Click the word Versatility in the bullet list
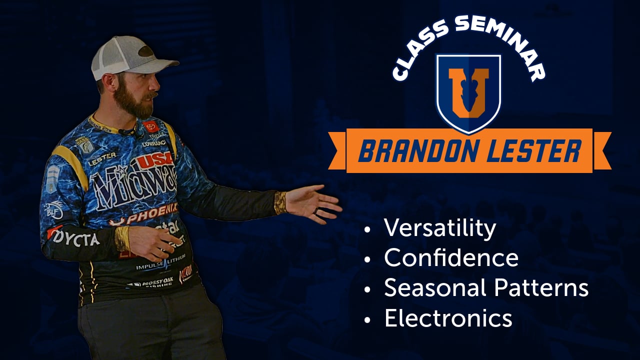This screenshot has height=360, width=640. pos(440,228)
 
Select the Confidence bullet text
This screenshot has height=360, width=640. pos(451,258)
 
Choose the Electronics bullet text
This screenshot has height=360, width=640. pos(448,318)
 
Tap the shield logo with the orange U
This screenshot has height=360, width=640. pos(468,92)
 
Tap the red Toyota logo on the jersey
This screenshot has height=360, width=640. pos(150,126)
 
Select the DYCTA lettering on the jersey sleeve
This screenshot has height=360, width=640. pos(75,238)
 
